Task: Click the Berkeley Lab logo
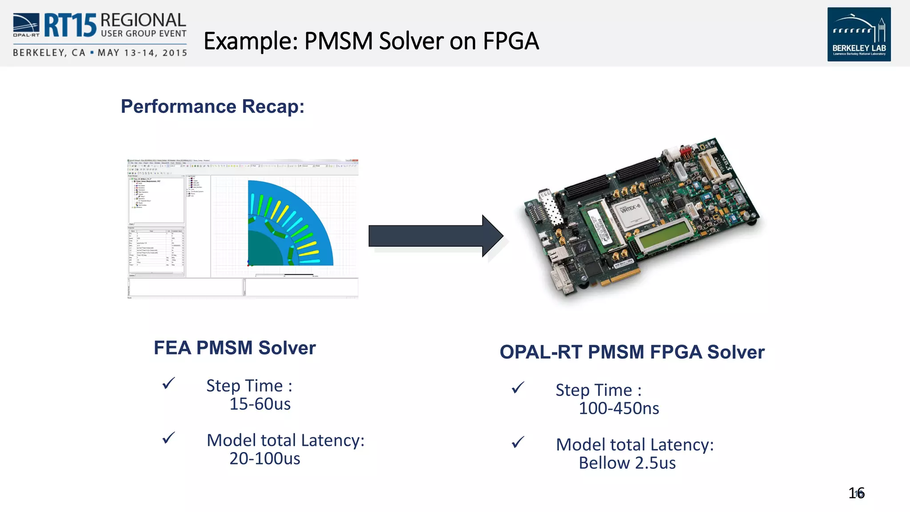click(858, 34)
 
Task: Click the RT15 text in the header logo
click(70, 25)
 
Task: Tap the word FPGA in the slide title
click(511, 41)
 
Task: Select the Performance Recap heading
click(212, 107)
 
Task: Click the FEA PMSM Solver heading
click(235, 348)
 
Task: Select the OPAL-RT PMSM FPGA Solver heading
click(632, 352)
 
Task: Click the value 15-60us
click(260, 404)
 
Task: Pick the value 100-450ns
click(619, 408)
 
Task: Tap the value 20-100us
click(265, 459)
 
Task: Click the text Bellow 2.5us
click(627, 463)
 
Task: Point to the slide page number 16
click(856, 493)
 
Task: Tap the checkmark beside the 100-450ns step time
click(518, 388)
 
